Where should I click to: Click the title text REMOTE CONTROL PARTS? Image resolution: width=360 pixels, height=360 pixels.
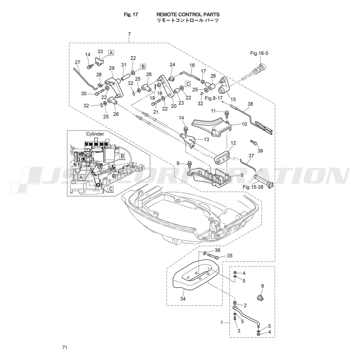(x=188, y=14)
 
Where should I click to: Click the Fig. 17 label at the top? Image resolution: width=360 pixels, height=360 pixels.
(x=129, y=14)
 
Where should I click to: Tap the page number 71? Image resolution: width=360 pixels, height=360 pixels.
(x=64, y=347)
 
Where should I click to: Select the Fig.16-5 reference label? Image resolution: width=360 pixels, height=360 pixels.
(x=259, y=53)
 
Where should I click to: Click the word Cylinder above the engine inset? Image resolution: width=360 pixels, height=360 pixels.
(x=95, y=134)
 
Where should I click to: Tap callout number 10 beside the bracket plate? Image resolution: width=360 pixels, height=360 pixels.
(x=244, y=124)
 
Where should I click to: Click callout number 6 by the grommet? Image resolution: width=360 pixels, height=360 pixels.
(x=262, y=286)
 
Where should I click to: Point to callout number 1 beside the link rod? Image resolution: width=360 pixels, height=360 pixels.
(x=222, y=323)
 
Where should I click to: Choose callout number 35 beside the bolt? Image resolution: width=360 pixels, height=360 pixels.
(x=230, y=256)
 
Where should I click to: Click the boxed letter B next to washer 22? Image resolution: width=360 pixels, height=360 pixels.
(x=143, y=67)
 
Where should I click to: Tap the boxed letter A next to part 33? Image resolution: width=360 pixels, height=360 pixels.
(x=111, y=53)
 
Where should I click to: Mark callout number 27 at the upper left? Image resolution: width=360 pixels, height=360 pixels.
(x=78, y=62)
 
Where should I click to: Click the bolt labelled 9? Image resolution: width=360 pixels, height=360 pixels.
(x=189, y=165)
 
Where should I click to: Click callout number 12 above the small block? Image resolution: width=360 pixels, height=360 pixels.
(x=233, y=143)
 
